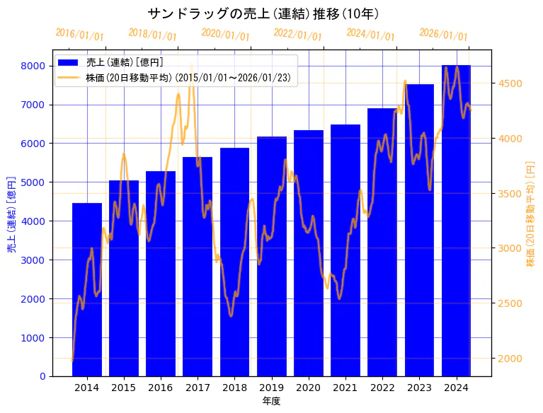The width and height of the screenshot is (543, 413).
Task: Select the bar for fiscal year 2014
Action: (x=87, y=290)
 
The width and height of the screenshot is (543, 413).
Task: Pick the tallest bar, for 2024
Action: (x=456, y=219)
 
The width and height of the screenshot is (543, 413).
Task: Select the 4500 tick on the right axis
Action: (x=510, y=83)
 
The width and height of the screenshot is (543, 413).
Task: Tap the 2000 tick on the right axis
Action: (x=510, y=359)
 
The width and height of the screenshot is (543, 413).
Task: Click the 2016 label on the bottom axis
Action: (x=161, y=388)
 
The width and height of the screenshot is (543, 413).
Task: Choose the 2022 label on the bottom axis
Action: (x=382, y=388)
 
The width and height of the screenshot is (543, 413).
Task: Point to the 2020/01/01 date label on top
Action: (x=225, y=34)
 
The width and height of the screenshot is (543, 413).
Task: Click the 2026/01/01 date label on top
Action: (x=443, y=34)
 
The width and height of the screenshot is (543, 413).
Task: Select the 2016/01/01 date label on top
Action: (x=79, y=34)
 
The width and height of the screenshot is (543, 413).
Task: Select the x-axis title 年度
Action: (x=271, y=401)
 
